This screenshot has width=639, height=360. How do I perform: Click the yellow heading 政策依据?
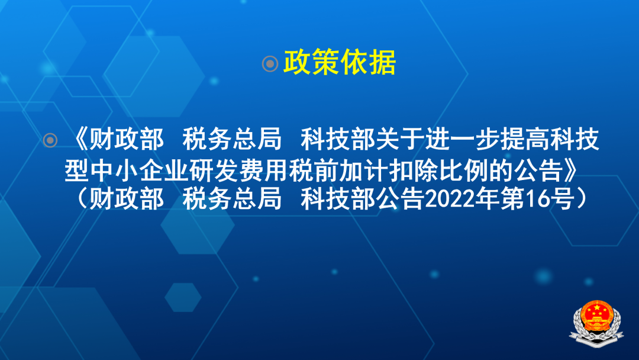click(x=340, y=62)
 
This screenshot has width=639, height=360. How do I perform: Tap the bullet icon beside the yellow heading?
click(x=270, y=63)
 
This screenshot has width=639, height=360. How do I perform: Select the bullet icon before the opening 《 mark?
click(x=50, y=140)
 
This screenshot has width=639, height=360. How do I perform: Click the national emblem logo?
click(x=596, y=323)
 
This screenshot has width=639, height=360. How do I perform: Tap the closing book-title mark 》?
click(x=570, y=171)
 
